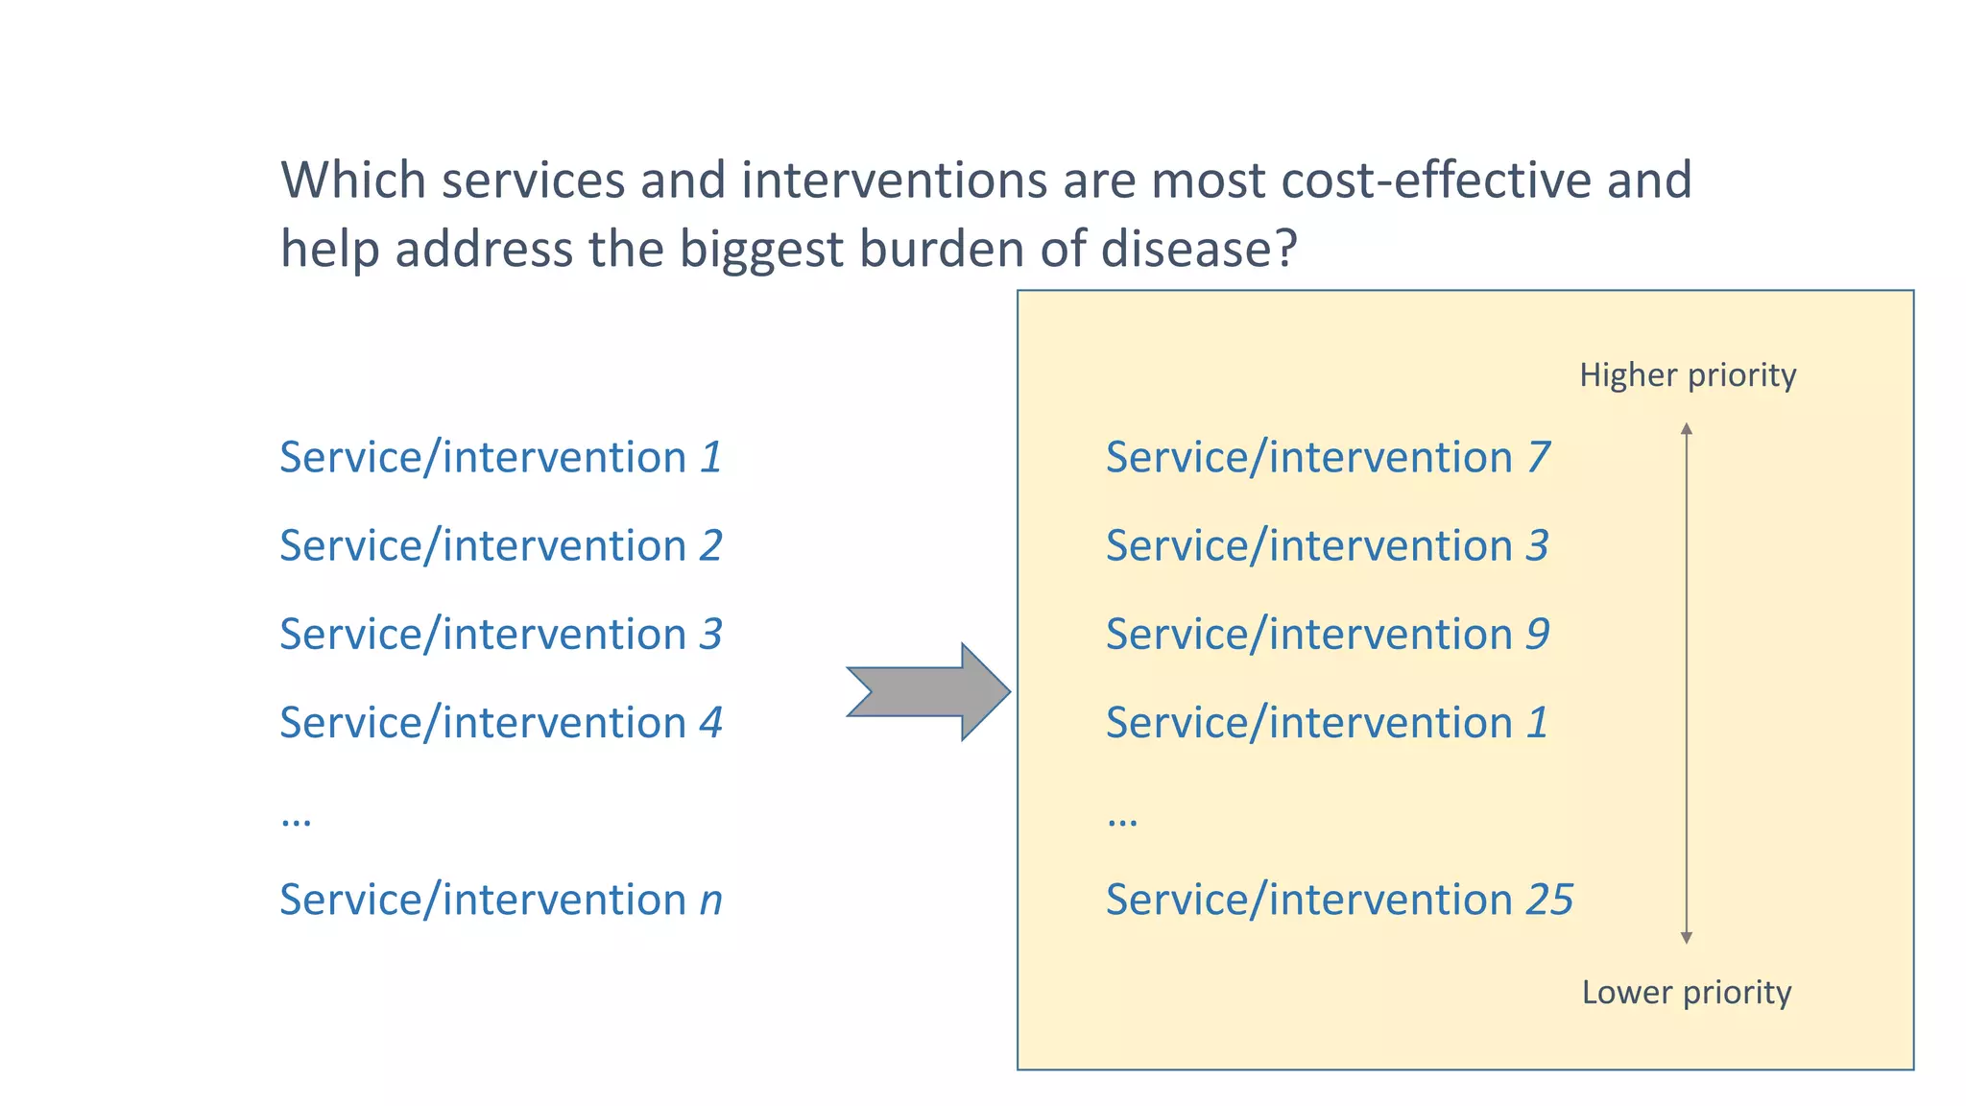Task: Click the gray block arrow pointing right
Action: tap(926, 691)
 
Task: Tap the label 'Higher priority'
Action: tap(1688, 374)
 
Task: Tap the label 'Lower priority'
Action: tap(1687, 992)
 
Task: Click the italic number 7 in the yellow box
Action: tap(1539, 457)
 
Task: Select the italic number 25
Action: tap(1549, 900)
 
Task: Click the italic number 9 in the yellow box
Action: tap(1538, 635)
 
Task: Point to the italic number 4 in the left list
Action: tap(710, 723)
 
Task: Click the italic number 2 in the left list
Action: tap(710, 546)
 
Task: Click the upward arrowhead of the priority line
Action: tap(1687, 429)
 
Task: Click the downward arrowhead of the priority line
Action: tap(1687, 937)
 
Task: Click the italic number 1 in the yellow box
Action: tap(1538, 723)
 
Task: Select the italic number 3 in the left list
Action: tap(710, 635)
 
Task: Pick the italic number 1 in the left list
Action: tap(710, 457)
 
